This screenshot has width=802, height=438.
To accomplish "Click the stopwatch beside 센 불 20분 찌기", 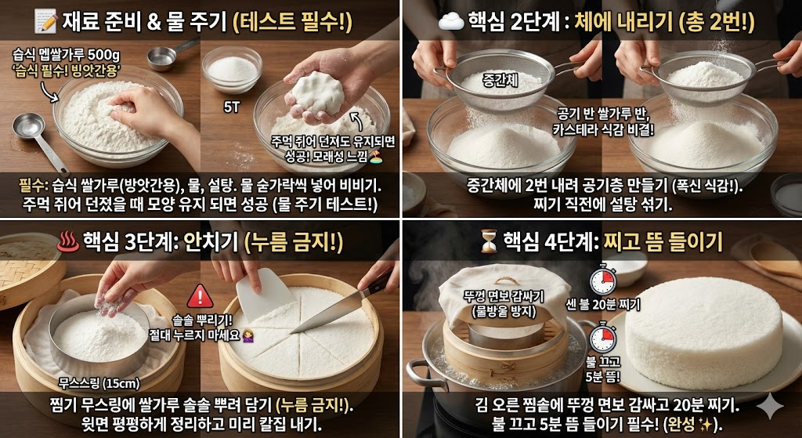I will (601, 280).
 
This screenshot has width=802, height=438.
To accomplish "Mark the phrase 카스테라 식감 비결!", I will (598, 128).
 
